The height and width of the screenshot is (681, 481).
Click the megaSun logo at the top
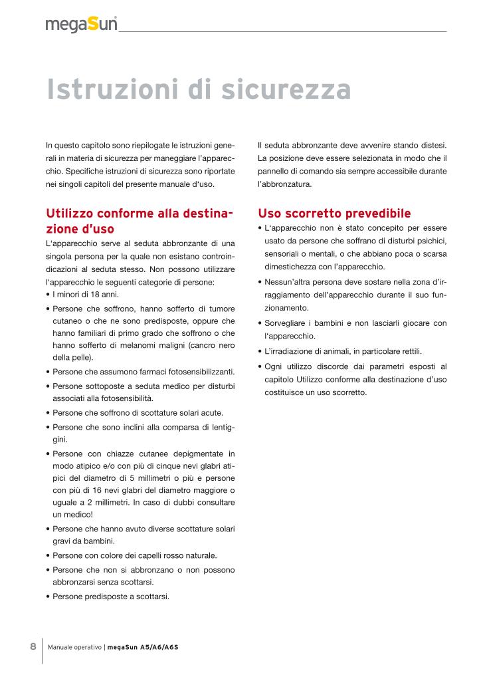point(82,25)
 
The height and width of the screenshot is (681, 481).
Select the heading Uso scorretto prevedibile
point(334,213)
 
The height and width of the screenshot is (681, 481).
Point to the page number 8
point(33,646)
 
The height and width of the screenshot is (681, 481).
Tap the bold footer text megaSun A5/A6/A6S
point(143,646)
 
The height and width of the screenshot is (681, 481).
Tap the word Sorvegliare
point(289,323)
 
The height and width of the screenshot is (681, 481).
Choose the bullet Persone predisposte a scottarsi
point(110,596)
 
